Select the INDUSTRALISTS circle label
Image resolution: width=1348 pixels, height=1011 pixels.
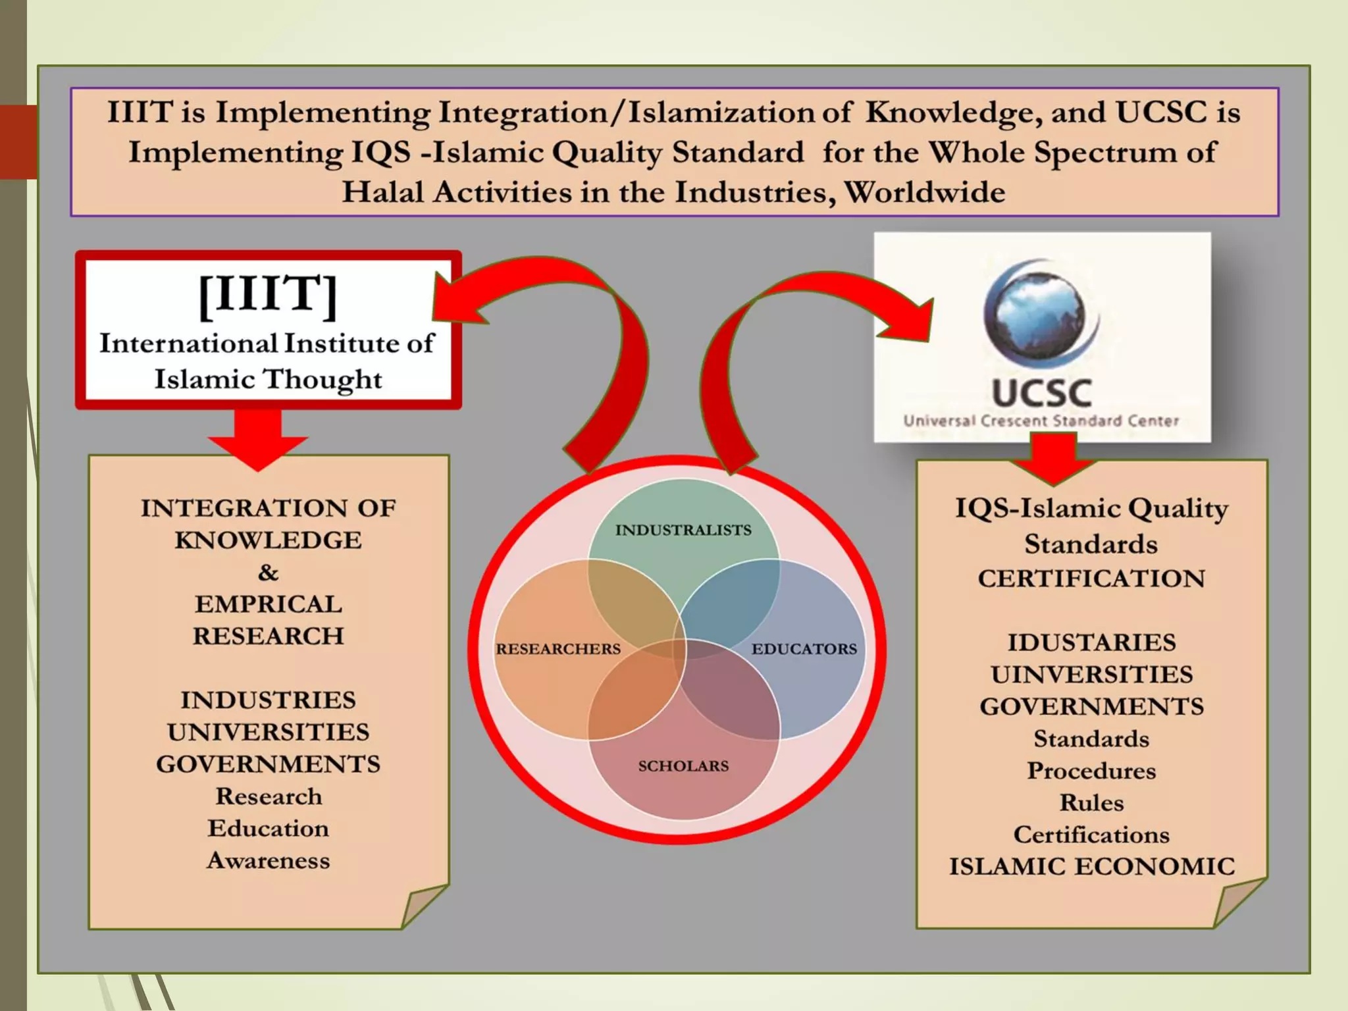(x=683, y=531)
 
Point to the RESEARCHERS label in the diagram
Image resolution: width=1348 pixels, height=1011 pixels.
(x=558, y=649)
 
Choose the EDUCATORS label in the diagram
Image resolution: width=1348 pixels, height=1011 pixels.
(x=804, y=649)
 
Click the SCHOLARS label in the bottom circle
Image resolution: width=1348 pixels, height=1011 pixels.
(x=683, y=766)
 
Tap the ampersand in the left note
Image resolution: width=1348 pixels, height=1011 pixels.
(x=268, y=573)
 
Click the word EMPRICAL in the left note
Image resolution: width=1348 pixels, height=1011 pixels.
(x=269, y=604)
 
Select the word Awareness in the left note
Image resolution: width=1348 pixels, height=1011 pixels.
(x=269, y=861)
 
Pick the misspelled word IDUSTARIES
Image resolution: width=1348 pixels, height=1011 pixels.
(x=1092, y=642)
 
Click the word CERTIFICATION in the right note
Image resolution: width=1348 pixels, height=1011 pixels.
(x=1091, y=579)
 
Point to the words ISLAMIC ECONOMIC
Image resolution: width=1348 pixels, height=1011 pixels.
(x=1092, y=867)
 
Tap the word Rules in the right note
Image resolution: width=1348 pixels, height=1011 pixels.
(x=1092, y=803)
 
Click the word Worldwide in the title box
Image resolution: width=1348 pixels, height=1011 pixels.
(x=925, y=192)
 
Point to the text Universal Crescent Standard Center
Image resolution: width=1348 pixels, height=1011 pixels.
(x=1041, y=421)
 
